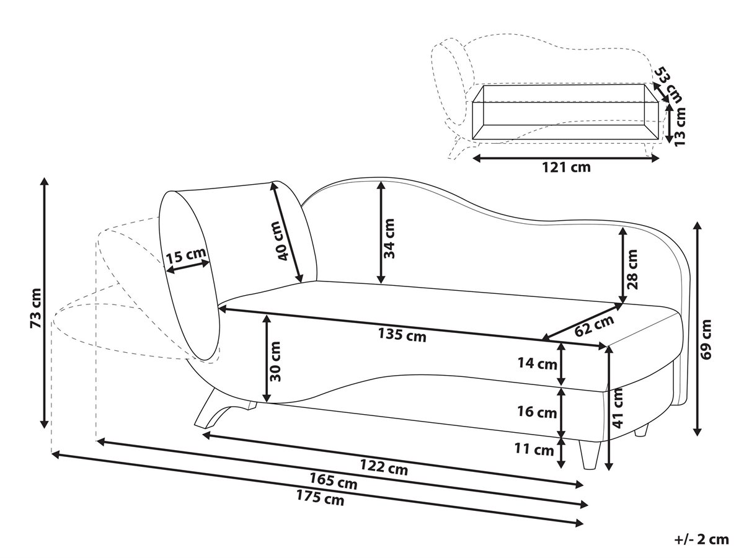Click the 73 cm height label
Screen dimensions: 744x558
pos(35,308)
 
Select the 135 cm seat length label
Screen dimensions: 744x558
pos(402,335)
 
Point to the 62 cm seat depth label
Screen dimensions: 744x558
pos(595,325)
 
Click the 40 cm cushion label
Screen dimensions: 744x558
pos(282,241)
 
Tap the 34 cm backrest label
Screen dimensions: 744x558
pos(389,239)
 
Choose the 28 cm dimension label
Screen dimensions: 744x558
pos(632,269)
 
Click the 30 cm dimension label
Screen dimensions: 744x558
pos(275,361)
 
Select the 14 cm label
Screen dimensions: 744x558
pos(538,363)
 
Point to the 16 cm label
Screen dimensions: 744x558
pos(537,412)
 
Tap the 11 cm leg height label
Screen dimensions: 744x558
pos(534,449)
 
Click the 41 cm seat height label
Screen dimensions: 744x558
pos(618,408)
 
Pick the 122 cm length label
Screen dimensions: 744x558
pos(384,467)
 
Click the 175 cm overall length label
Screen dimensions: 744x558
pos(321,498)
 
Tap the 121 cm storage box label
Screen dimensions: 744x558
pos(567,167)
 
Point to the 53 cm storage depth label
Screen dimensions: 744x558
pos(666,85)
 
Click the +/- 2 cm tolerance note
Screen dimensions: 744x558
pos(702,539)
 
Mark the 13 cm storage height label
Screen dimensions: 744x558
pos(680,126)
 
